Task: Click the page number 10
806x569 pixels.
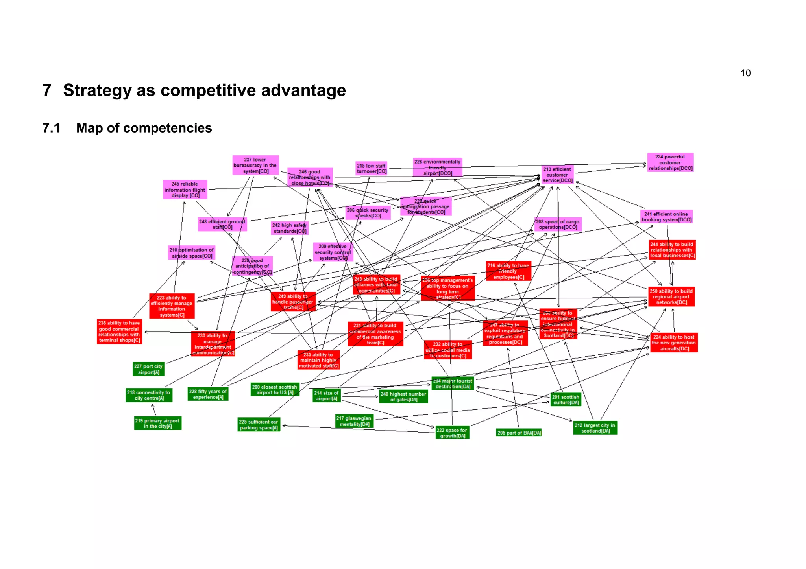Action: click(745, 73)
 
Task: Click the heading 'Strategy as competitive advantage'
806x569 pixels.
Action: click(204, 90)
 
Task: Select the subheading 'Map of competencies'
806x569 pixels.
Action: click(144, 128)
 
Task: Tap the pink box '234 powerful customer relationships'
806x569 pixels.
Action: click(670, 162)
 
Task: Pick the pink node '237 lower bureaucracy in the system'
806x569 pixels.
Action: click(255, 166)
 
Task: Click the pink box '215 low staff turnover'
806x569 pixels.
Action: click(372, 168)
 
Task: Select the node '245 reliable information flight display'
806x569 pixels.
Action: click(185, 190)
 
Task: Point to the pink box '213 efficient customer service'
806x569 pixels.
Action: click(558, 175)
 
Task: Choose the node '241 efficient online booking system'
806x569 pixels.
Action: click(666, 217)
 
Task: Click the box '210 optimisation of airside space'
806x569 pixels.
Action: click(191, 253)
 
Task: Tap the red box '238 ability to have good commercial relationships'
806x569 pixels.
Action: click(119, 331)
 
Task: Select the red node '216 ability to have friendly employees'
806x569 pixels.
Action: click(508, 271)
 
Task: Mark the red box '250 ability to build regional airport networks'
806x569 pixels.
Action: click(671, 297)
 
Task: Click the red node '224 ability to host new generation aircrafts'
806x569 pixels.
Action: click(674, 343)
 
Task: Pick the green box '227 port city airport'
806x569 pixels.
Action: click(148, 369)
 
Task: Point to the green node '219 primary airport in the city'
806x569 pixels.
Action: click(157, 424)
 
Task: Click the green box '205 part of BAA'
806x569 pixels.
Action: click(519, 433)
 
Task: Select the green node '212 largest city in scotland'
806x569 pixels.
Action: click(595, 428)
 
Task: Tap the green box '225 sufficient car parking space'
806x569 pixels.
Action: click(259, 425)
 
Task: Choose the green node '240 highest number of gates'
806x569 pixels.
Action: click(403, 397)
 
